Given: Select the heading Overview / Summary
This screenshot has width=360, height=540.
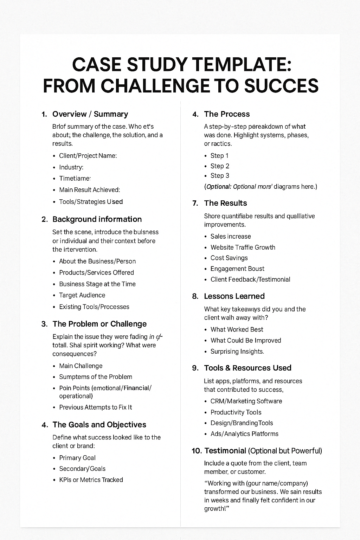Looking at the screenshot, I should click(90, 114).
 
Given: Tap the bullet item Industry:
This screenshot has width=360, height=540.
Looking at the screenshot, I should click(71, 167).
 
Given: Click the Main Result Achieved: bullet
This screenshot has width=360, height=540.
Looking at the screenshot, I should click(89, 190).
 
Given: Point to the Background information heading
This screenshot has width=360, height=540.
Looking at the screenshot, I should click(97, 219).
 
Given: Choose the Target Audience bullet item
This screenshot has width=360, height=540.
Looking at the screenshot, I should click(82, 295).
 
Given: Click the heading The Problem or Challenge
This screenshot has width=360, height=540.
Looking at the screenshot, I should click(99, 324).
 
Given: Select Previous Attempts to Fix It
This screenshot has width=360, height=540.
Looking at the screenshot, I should click(95, 407).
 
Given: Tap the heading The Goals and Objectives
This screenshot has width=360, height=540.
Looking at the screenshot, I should click(99, 424).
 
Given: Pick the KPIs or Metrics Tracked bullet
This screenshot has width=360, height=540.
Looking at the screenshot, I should click(91, 480).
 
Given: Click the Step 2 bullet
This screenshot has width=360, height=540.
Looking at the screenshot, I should click(220, 166).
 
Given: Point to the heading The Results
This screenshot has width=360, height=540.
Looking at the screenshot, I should click(225, 203).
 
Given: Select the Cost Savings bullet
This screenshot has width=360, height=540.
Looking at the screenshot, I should click(229, 258).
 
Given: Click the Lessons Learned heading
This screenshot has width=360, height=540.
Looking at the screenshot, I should click(234, 296).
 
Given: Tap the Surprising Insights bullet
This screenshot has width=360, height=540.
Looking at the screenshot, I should click(237, 351).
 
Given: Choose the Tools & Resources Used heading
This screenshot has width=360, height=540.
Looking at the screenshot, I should click(247, 368).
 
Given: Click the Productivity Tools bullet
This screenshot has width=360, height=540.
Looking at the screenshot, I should click(236, 412).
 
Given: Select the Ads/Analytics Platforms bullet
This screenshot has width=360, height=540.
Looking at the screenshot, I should click(244, 434).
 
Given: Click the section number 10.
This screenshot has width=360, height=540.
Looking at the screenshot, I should click(197, 451).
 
